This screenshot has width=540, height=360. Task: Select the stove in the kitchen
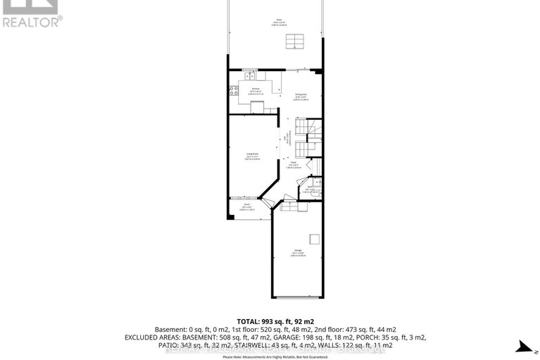[x=232, y=90]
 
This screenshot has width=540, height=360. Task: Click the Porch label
[x=248, y=207]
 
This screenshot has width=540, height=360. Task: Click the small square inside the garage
[x=315, y=238]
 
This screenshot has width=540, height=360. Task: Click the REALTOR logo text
[x=32, y=22]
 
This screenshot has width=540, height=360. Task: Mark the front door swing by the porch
[x=285, y=198]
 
